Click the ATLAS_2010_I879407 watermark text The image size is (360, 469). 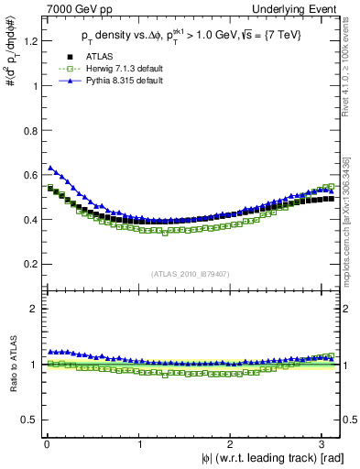tap(190, 274)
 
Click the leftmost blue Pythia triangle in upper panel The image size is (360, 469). tap(49, 168)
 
